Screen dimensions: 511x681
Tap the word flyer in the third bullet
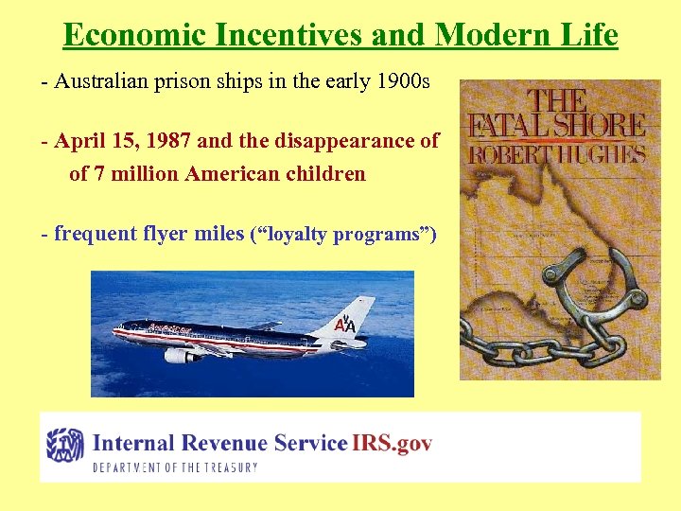tap(157, 234)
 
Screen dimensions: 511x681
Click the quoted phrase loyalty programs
tap(342, 235)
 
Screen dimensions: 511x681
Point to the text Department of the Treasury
tap(175, 467)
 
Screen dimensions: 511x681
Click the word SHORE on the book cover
tap(602, 126)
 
